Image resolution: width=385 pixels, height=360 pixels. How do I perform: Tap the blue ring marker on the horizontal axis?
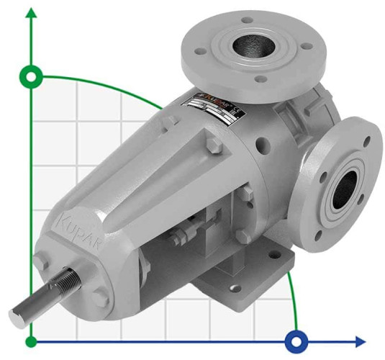296,340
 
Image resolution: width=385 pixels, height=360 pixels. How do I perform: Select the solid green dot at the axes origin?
31,340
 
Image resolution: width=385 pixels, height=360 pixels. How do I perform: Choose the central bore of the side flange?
344,189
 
